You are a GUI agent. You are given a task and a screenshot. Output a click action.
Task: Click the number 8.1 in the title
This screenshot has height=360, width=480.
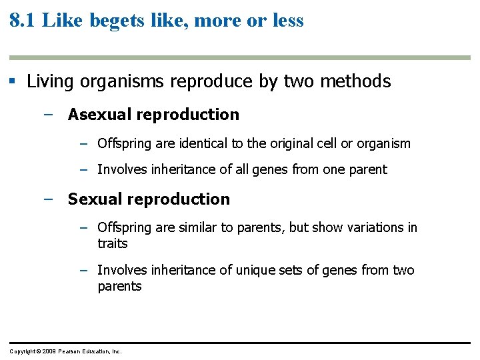click(x=23, y=20)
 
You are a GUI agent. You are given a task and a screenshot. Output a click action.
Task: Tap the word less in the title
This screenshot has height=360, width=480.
click(x=287, y=21)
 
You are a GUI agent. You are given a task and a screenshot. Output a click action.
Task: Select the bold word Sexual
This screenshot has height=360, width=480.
click(x=91, y=199)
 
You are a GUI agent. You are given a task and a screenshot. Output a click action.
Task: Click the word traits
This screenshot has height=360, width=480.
click(x=112, y=244)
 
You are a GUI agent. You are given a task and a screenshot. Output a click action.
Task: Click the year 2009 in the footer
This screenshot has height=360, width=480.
click(x=49, y=351)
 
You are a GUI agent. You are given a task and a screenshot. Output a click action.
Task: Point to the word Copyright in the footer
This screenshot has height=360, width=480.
click(x=23, y=351)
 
